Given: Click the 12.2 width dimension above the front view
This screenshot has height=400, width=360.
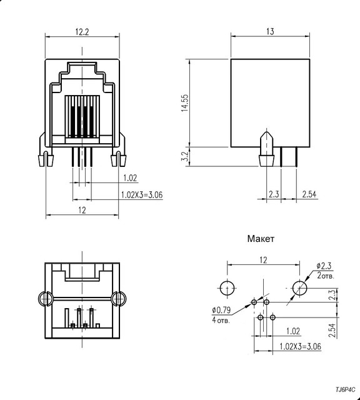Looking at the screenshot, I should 82,32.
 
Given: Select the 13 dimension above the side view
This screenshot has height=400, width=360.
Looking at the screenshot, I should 271,31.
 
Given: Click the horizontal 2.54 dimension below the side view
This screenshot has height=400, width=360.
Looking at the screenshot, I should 309,194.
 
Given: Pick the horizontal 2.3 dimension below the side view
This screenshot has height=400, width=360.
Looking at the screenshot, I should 273,194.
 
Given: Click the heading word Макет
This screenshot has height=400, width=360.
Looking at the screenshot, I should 261,239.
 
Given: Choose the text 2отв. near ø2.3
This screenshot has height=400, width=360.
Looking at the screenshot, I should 325,276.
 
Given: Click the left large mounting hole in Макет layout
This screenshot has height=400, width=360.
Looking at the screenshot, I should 227,287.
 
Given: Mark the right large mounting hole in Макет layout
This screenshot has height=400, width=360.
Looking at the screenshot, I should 301,287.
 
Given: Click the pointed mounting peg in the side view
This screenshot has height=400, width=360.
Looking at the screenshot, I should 266,149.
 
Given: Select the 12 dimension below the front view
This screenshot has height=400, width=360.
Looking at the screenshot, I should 82,211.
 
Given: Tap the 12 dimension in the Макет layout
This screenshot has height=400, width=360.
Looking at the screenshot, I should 263,259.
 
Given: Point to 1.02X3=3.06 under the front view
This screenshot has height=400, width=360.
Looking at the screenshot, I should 142,195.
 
